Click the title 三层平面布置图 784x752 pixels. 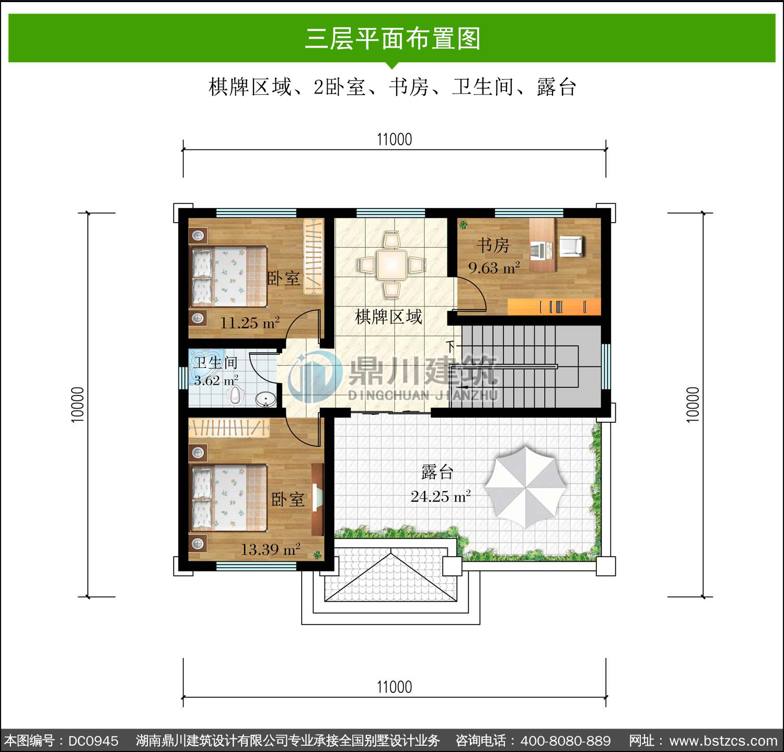point(392,39)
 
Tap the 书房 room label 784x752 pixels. point(493,245)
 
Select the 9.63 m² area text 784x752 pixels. point(494,268)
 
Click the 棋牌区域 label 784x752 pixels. point(388,317)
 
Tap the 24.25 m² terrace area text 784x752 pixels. point(441,496)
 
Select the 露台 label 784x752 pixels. point(437,472)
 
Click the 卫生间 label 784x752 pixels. point(216,362)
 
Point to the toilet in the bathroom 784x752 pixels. point(236,395)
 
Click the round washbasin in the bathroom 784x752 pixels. point(266,400)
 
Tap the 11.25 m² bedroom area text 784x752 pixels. point(250,322)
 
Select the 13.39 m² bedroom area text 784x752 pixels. point(270,549)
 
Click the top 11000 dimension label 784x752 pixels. point(395,140)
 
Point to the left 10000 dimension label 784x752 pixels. point(77,404)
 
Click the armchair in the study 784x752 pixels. point(571,246)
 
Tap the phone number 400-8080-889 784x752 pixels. point(566,741)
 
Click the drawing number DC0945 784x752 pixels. point(93,741)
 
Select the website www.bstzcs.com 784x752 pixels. point(723,741)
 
